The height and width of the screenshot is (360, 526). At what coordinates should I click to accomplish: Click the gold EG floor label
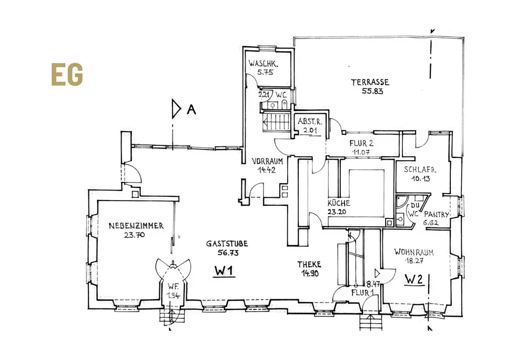pyautogui.click(x=67, y=75)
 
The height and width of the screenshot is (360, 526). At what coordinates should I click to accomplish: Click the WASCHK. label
pyautogui.click(x=264, y=64)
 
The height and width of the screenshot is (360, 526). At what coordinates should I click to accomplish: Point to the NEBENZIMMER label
pyautogui.click(x=136, y=226)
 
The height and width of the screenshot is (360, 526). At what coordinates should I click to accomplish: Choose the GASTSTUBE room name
pyautogui.click(x=227, y=244)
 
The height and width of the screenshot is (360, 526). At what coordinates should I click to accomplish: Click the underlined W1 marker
pyautogui.click(x=224, y=272)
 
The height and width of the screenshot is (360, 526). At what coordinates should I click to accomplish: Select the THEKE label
pyautogui.click(x=309, y=265)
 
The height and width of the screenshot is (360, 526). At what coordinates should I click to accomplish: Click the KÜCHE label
pyautogui.click(x=339, y=203)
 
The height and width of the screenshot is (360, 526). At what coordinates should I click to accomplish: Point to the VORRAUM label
pyautogui.click(x=268, y=161)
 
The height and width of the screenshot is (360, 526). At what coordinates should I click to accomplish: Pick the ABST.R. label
pyautogui.click(x=309, y=122)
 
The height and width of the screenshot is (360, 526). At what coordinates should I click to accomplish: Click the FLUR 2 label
pyautogui.click(x=361, y=143)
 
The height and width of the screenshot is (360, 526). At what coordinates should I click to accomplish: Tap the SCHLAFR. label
pyautogui.click(x=421, y=170)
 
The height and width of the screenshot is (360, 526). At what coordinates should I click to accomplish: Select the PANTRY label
pyautogui.click(x=437, y=214)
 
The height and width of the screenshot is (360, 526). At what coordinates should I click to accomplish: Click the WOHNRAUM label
pyautogui.click(x=414, y=252)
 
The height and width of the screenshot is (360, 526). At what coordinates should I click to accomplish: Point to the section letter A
pyautogui.click(x=191, y=109)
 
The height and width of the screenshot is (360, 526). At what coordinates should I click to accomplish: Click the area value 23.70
pyautogui.click(x=134, y=235)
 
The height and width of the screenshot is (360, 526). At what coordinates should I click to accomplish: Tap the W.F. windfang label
pyautogui.click(x=173, y=287)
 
